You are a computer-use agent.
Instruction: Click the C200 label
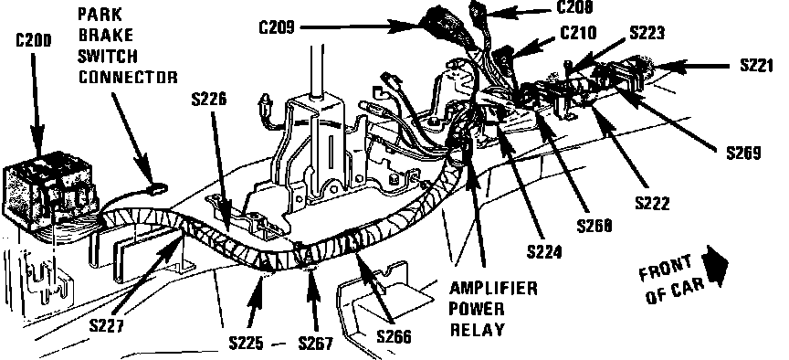[x=33, y=41]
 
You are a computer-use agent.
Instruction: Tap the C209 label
[x=277, y=27]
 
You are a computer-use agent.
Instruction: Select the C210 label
[x=578, y=33]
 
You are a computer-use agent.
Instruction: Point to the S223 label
[x=647, y=32]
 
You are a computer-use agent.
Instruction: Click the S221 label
[x=757, y=66]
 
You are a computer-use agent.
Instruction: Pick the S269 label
[x=743, y=153]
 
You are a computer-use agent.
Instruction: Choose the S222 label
[x=653, y=203]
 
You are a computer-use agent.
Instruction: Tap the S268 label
[x=594, y=226]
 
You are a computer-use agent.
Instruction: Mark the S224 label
[x=544, y=251]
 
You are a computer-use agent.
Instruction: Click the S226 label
[x=209, y=100]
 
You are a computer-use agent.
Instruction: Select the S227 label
[x=106, y=326]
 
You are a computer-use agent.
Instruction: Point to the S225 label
[x=246, y=344]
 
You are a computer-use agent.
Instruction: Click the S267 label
[x=315, y=344]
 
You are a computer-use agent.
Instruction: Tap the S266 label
[x=394, y=336]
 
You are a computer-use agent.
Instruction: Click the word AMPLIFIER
[x=493, y=289]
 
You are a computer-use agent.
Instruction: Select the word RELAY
[x=477, y=330]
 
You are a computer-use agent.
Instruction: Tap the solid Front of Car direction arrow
[x=717, y=264]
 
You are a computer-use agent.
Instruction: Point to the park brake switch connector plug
[x=158, y=189]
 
